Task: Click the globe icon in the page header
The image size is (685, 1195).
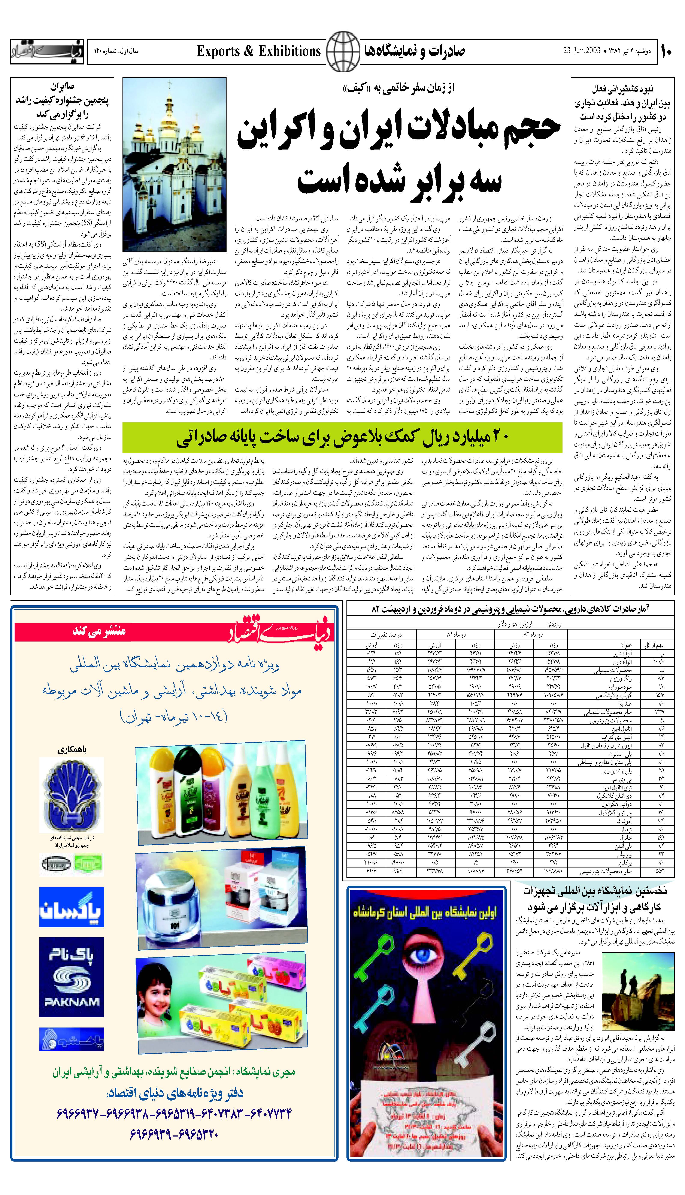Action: tap(342, 51)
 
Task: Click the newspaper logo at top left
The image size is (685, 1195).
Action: tap(47, 51)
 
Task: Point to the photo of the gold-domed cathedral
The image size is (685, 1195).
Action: tap(174, 165)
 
